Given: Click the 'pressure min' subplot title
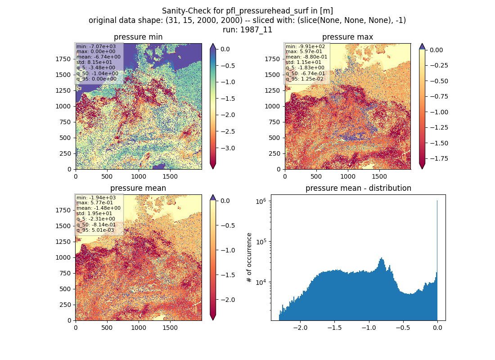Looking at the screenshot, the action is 138,37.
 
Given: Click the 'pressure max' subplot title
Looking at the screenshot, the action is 347,37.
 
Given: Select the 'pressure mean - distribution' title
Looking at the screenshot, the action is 358,188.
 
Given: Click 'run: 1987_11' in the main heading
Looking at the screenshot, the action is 247,30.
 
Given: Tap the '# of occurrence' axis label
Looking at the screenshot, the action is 249,258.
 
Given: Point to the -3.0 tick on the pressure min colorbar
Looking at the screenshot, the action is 227,148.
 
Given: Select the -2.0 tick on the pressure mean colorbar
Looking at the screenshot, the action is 227,300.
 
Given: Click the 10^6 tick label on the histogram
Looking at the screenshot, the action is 262,201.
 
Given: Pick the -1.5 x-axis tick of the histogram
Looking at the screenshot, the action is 334,328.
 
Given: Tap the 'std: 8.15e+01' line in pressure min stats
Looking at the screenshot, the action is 94,62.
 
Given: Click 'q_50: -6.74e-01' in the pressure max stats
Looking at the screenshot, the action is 305,73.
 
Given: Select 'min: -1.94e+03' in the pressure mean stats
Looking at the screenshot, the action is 96,198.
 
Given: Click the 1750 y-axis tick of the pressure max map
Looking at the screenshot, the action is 272,59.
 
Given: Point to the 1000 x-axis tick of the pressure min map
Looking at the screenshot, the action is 139,177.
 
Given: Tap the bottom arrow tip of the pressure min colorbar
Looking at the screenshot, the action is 213,169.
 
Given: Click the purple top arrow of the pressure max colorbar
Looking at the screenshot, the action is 422,46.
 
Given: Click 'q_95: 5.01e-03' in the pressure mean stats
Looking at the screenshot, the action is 95,230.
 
